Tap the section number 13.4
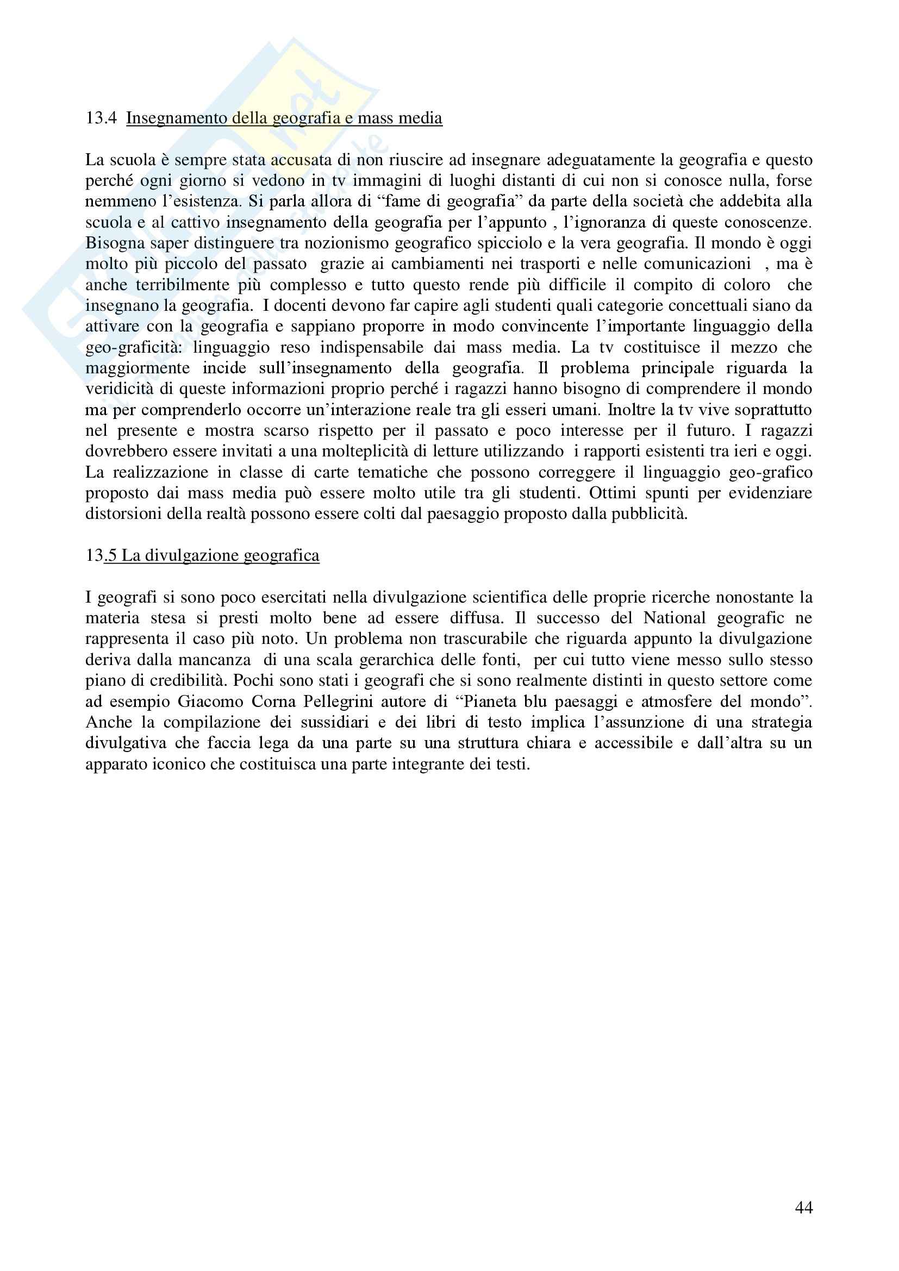tap(101, 118)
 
